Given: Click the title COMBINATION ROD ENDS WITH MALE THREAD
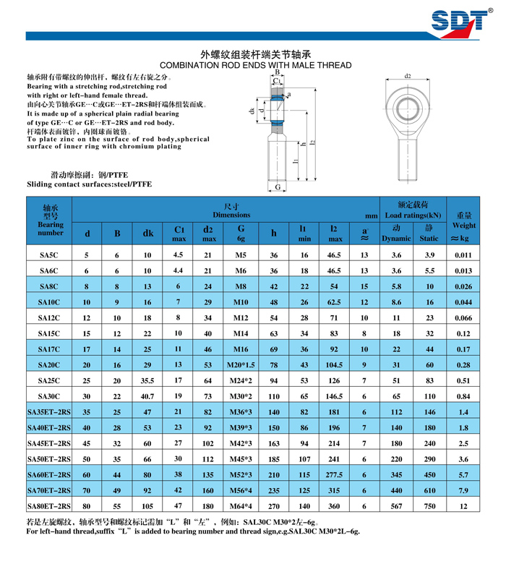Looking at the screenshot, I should click(x=255, y=65).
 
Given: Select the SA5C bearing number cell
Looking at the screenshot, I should click(x=50, y=256).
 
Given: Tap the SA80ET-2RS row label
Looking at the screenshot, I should click(x=50, y=506).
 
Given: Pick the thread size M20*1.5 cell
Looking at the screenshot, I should click(x=241, y=365).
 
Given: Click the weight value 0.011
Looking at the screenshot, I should click(x=463, y=256).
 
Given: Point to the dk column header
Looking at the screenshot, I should click(x=147, y=233).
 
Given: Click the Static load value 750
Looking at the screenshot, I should click(x=429, y=506).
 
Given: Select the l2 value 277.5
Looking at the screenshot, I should click(x=334, y=475).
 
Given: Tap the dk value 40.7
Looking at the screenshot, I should click(x=147, y=396).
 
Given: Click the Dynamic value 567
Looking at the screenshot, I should click(x=396, y=506).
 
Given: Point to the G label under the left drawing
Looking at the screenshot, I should click(x=278, y=187).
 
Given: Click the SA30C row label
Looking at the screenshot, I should click(x=50, y=396).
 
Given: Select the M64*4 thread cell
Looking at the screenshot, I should click(x=241, y=506).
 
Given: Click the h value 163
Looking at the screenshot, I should click(x=274, y=443).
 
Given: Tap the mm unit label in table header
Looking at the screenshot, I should click(x=372, y=215).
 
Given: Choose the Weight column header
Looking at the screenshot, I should click(x=463, y=226).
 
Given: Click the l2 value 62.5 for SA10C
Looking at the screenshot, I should click(x=334, y=302).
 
